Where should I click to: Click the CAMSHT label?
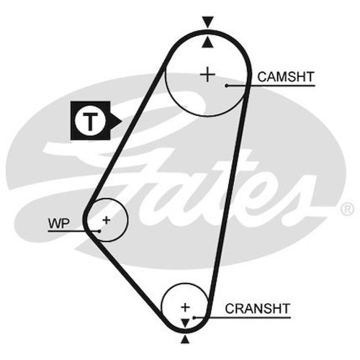286,77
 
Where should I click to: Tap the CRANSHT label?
258,309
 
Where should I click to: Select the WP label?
59,223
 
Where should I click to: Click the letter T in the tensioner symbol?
90,121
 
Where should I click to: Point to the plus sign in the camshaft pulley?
207,75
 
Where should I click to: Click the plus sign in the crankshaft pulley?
185,307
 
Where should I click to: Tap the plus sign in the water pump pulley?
106,220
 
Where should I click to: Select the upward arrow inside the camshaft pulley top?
207,42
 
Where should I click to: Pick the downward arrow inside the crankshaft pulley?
185,323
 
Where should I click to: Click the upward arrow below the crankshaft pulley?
184,339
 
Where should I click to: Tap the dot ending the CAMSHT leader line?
226,86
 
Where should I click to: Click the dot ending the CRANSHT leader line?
194,318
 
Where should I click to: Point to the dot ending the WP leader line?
99,231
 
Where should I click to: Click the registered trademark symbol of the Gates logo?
347,209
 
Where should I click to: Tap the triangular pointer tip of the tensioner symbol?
122,121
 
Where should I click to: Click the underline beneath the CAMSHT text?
271,86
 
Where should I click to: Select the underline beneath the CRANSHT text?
242,318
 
